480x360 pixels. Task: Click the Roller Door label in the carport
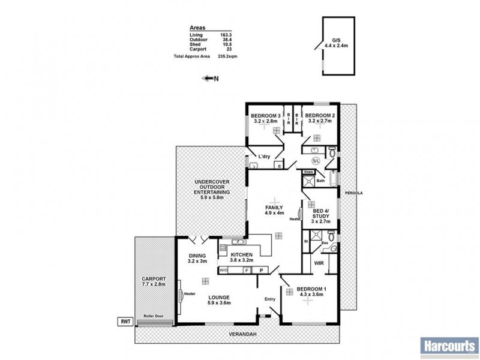[154, 316]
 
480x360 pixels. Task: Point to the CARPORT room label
[153, 280]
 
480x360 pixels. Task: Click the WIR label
[319, 262]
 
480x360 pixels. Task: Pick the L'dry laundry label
[264, 157]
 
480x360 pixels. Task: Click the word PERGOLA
[350, 193]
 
